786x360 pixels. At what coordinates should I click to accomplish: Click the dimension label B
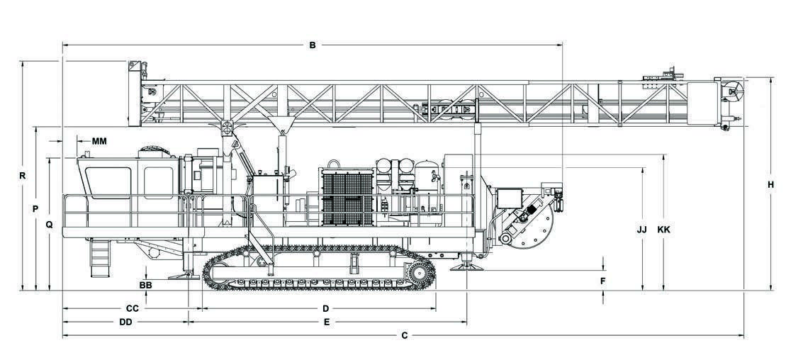pyautogui.click(x=312, y=45)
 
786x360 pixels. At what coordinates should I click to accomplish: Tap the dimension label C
pyautogui.click(x=405, y=335)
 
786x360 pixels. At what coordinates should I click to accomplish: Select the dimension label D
pyautogui.click(x=326, y=308)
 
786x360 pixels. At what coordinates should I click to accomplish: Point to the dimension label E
pyautogui.click(x=326, y=322)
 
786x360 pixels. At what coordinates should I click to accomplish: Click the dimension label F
pyautogui.click(x=603, y=281)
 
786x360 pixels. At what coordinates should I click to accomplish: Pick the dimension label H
pyautogui.click(x=770, y=185)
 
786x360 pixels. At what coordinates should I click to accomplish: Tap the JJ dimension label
pyautogui.click(x=642, y=230)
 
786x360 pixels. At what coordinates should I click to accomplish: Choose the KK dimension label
pyautogui.click(x=664, y=230)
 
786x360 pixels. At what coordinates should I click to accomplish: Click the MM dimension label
pyautogui.click(x=99, y=141)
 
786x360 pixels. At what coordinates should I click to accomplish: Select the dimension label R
pyautogui.click(x=23, y=175)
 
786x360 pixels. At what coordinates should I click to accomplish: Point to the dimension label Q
pyautogui.click(x=49, y=225)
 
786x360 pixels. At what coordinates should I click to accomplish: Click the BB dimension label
pyautogui.click(x=145, y=284)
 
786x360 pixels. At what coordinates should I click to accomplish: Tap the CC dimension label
pyautogui.click(x=132, y=308)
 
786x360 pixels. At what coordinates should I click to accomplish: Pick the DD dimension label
pyautogui.click(x=126, y=322)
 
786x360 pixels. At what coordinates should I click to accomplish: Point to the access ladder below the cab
pyautogui.click(x=100, y=259)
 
